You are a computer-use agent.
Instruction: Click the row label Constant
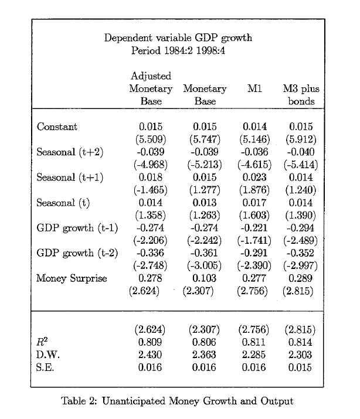tap(57, 127)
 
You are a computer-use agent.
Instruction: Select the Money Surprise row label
tap(72, 278)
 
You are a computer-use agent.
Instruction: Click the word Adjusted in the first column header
tap(151, 76)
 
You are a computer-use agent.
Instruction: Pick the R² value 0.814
tap(301, 342)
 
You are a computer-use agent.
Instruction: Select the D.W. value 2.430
tap(151, 355)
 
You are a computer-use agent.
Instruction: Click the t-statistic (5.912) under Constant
tap(301, 139)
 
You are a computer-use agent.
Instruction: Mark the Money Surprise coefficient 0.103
tap(205, 278)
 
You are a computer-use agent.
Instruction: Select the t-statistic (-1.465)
tap(151, 190)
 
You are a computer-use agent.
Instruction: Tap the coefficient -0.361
tap(205, 253)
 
